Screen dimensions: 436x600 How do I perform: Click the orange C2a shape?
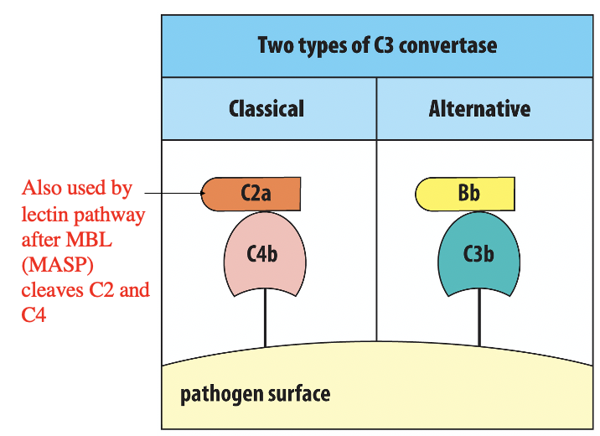pyautogui.click(x=252, y=194)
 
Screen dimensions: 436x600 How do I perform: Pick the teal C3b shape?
pyautogui.click(x=478, y=252)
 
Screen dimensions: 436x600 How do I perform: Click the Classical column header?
pyautogui.click(x=266, y=109)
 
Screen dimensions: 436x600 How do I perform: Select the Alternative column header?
pyautogui.click(x=479, y=109)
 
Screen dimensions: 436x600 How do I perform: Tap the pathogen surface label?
pyautogui.click(x=255, y=393)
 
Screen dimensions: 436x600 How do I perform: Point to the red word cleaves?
pyautogui.click(x=50, y=291)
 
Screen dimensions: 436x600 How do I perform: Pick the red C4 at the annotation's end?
pyautogui.click(x=34, y=316)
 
